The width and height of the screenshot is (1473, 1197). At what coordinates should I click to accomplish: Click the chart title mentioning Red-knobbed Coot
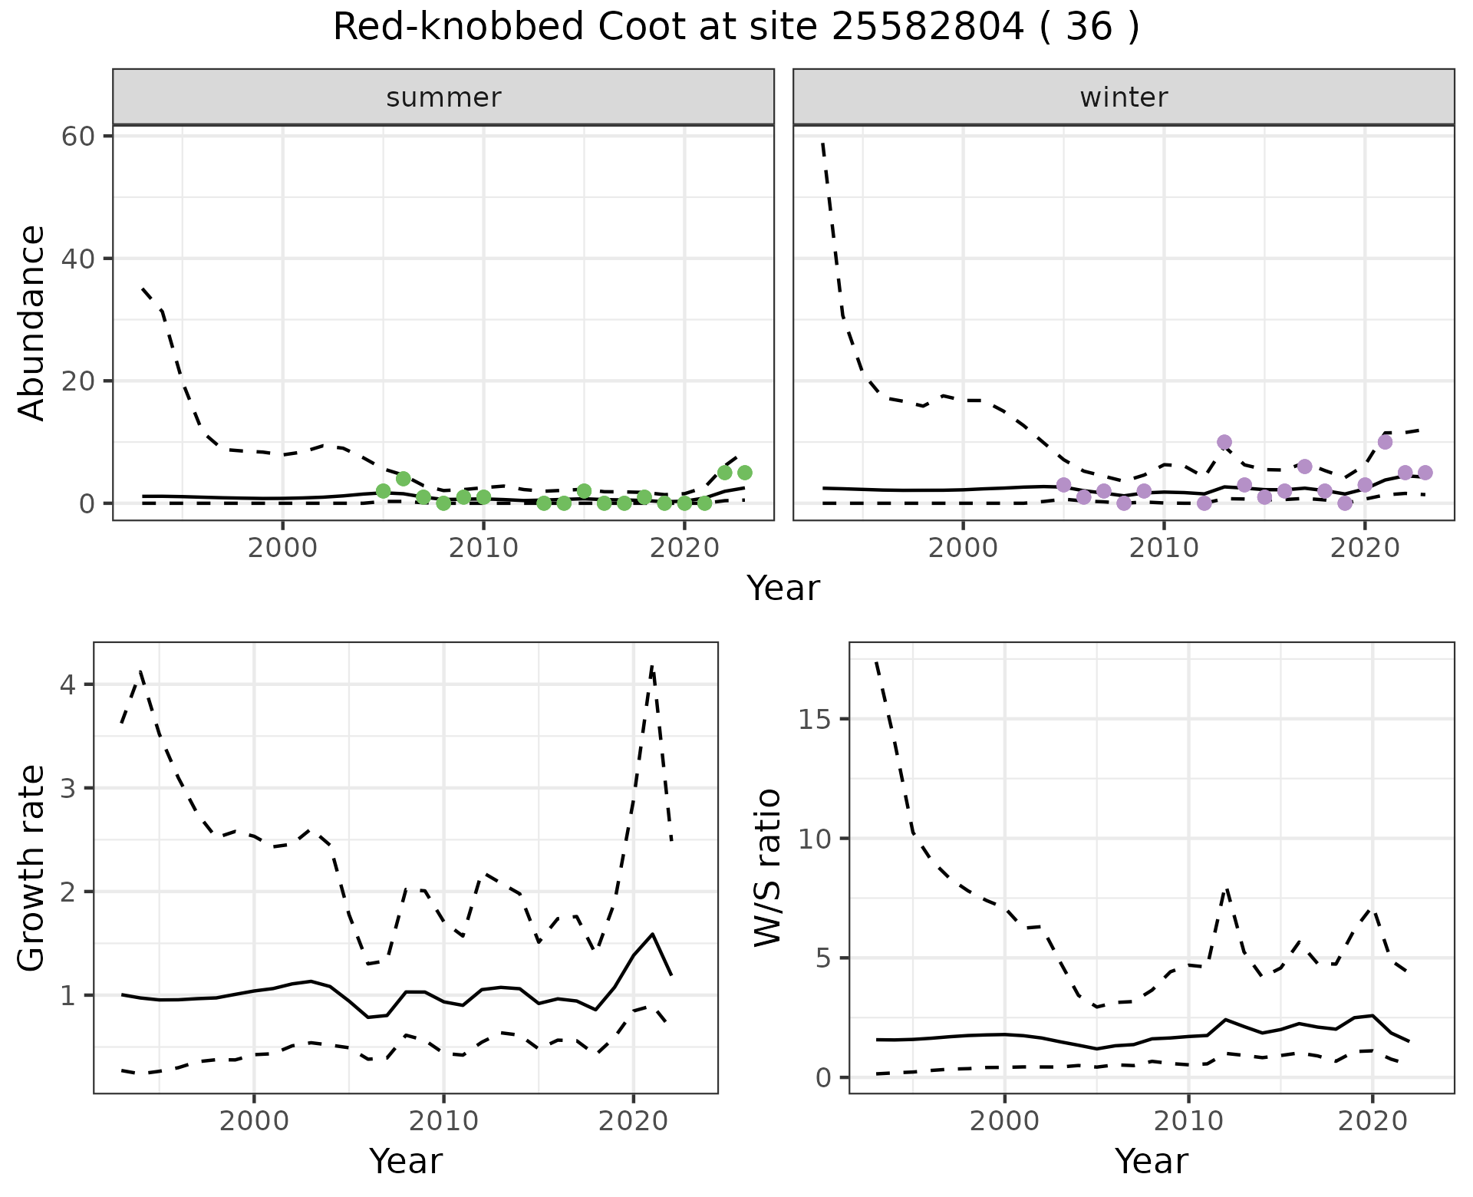click(x=736, y=28)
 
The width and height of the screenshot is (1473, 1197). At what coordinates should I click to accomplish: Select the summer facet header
click(x=443, y=97)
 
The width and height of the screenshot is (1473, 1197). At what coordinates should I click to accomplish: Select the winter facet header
click(x=1123, y=97)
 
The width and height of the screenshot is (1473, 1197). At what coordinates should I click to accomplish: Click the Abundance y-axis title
click(x=32, y=322)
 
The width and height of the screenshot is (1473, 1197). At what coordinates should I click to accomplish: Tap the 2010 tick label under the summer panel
click(x=483, y=549)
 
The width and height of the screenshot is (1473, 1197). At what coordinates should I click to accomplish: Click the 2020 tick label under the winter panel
click(x=1365, y=549)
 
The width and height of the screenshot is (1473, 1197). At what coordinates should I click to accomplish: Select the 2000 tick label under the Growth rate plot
click(x=254, y=1122)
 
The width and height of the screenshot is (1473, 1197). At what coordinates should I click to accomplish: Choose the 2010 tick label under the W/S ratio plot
click(x=1188, y=1122)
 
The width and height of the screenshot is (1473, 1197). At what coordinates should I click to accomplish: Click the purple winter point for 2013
click(x=1224, y=442)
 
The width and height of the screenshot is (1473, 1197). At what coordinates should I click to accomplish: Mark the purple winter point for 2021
click(x=1385, y=442)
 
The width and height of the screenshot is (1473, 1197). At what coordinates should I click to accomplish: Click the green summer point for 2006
click(x=404, y=479)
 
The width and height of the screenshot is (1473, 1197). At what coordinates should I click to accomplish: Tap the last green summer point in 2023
click(x=744, y=473)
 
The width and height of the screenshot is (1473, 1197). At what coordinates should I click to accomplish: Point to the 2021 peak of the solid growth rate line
click(x=652, y=934)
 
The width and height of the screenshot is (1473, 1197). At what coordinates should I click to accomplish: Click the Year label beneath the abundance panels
click(x=783, y=589)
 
